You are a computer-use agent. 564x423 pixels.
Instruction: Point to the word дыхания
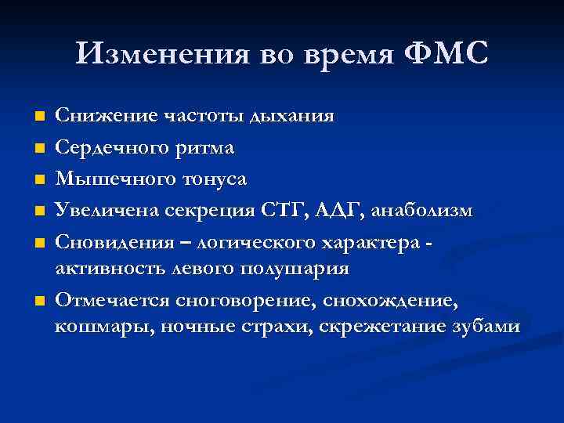pos(291,117)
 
